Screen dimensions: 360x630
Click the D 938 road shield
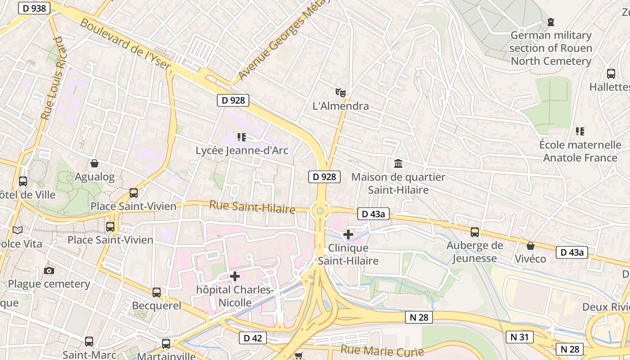[34, 8]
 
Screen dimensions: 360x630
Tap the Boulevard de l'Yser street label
[126, 44]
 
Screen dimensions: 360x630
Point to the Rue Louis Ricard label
[52, 78]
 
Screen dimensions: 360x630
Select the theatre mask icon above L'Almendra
[341, 93]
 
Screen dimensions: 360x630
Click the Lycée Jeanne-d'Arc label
[242, 150]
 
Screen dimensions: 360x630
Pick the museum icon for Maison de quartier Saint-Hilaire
[398, 163]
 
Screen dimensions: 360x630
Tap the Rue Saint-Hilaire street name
[252, 207]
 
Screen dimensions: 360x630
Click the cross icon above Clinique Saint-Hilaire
[348, 234]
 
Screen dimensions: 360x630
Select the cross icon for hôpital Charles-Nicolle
[235, 276]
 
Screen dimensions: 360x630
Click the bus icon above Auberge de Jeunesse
[475, 232]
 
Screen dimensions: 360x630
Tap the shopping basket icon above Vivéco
[531, 246]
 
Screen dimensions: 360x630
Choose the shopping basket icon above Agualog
[94, 163]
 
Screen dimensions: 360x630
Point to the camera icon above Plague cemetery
[49, 270]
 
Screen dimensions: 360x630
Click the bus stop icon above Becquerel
[156, 292]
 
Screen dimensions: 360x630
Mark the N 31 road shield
[519, 337]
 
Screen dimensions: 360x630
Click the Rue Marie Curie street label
[382, 351]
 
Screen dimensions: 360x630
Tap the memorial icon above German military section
[550, 22]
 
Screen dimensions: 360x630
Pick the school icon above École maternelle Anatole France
[580, 131]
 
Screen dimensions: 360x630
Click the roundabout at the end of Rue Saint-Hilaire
[320, 210]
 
